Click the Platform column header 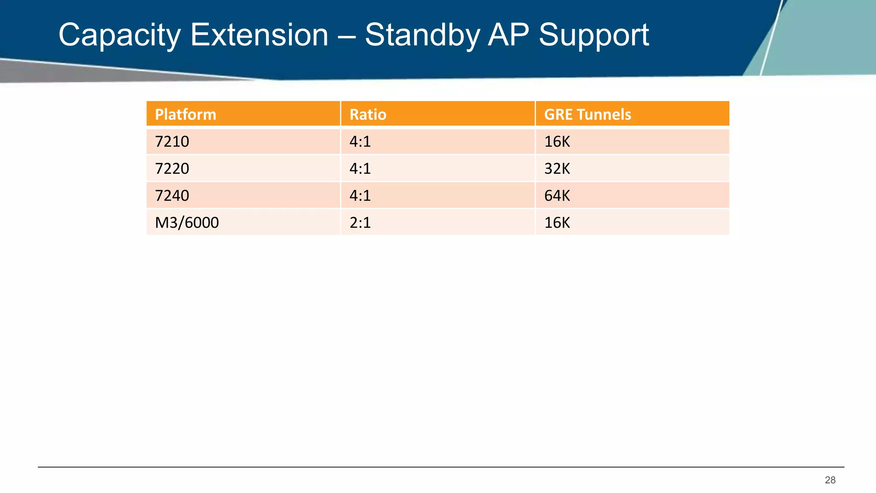click(x=186, y=114)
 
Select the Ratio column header click(x=368, y=114)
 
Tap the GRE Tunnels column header click(x=587, y=114)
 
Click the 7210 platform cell click(x=172, y=141)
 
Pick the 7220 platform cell click(x=172, y=168)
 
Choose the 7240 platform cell click(x=172, y=195)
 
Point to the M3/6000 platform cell click(x=187, y=222)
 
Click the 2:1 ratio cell click(x=360, y=222)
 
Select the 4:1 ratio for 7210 click(x=360, y=141)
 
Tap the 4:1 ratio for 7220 click(x=360, y=168)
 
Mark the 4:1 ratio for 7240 click(x=360, y=195)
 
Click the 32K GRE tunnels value click(x=557, y=168)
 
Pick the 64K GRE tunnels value click(x=557, y=195)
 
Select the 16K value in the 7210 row click(x=557, y=141)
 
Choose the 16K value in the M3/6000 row click(x=557, y=222)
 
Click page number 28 click(x=830, y=480)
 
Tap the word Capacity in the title click(x=119, y=35)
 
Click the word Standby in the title click(x=422, y=35)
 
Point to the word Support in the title click(x=594, y=35)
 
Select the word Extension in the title click(x=259, y=35)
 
